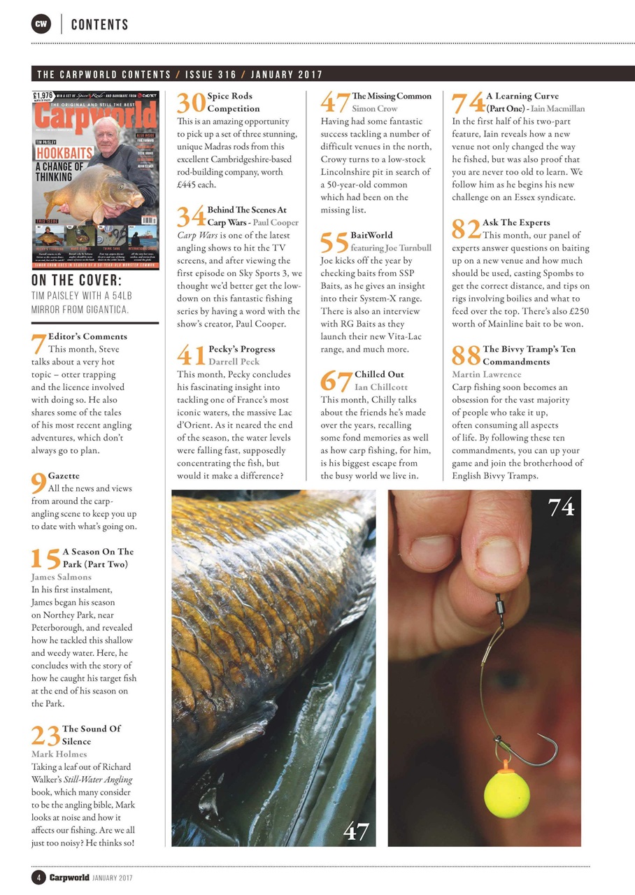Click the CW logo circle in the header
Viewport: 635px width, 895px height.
tap(42, 24)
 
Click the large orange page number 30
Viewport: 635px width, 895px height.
tap(191, 102)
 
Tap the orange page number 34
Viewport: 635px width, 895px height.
tap(191, 216)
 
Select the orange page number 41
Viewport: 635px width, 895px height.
tap(191, 355)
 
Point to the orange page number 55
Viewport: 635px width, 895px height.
tap(334, 241)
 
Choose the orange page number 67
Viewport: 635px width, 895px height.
tap(336, 380)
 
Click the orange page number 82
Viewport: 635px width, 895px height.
tap(466, 229)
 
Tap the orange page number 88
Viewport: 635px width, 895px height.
tap(466, 355)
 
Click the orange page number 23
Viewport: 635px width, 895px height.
tap(45, 735)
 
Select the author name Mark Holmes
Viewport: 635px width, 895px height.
tap(59, 754)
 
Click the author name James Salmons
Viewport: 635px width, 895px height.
tap(62, 577)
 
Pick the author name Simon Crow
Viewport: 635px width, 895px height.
tap(375, 108)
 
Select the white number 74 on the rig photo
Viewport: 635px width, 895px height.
tap(561, 508)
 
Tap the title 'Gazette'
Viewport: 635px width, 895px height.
tap(64, 475)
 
